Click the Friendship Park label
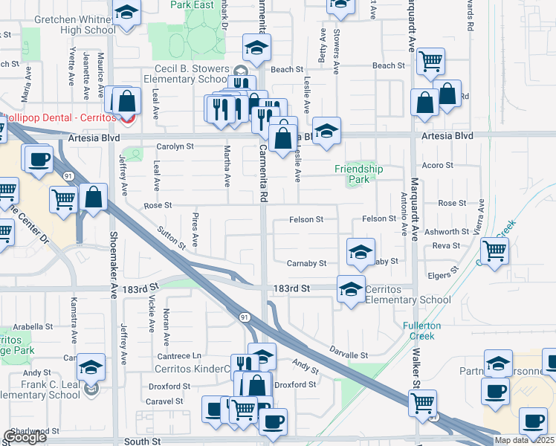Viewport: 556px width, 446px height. point(358,174)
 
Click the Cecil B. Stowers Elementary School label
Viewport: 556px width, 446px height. point(186,74)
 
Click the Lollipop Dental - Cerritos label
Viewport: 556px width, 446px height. point(61,118)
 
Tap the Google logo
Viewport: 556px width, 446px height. point(25,437)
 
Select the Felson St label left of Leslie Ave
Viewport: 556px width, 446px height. point(307,219)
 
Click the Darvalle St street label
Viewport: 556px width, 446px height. point(349,356)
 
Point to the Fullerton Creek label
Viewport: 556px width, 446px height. point(421,331)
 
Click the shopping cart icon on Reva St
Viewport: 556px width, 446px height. point(494,251)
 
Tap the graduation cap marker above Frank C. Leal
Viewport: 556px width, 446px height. point(91,366)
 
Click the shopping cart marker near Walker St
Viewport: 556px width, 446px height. point(423,403)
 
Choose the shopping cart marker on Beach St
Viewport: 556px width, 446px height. point(430,62)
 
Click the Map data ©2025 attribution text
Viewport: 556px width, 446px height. point(525,440)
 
